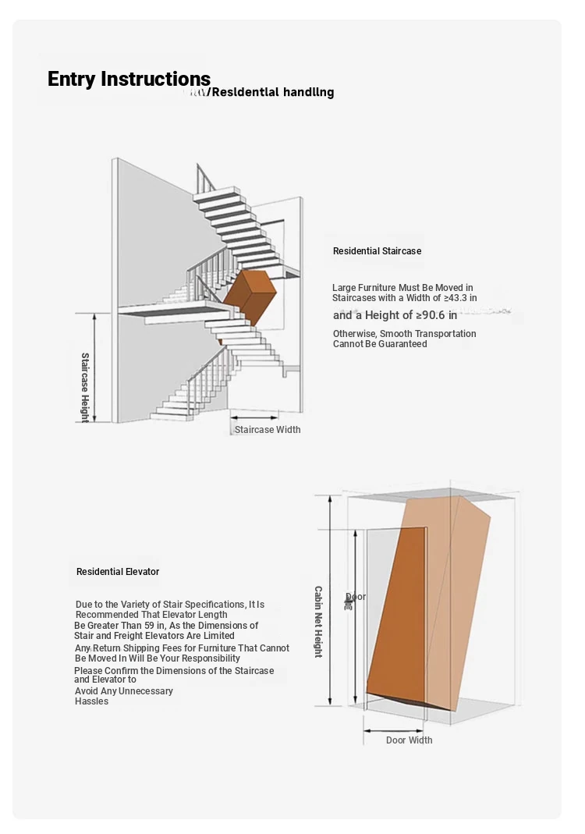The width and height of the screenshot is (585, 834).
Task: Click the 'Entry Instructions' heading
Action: (129, 80)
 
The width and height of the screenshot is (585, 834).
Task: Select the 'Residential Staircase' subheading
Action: (377, 251)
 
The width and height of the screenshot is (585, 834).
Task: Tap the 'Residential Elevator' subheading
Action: (118, 572)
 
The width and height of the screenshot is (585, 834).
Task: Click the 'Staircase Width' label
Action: (268, 430)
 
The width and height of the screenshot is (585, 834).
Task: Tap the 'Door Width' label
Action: (409, 740)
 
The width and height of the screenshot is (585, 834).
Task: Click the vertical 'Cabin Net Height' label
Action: (318, 622)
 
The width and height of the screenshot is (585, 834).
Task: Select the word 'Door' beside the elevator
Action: (355, 597)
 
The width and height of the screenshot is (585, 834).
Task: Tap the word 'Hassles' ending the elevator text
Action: (91, 701)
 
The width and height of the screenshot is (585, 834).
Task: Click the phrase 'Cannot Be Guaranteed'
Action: (380, 344)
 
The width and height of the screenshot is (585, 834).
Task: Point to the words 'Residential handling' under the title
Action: (272, 92)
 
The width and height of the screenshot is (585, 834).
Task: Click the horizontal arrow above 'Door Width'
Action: (395, 731)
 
